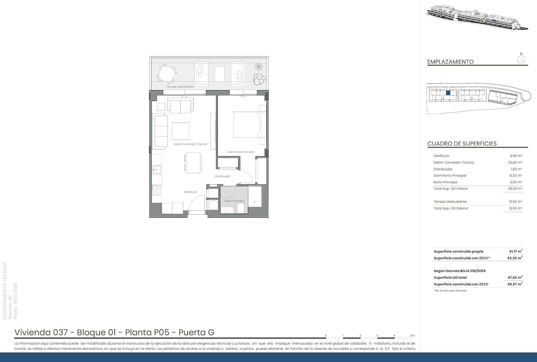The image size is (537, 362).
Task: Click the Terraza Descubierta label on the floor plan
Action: coord(180,87)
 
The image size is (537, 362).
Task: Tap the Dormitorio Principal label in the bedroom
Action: coord(241,152)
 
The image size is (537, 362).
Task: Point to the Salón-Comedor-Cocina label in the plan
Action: coord(190,144)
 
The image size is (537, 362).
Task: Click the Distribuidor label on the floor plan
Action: coord(222,176)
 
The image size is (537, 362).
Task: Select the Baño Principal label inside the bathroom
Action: coord(235,201)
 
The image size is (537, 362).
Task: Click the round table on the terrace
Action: coord(167,74)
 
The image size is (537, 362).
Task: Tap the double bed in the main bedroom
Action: coord(250,125)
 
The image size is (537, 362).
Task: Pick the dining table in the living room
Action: coord(193,162)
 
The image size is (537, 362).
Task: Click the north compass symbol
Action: coord(521,59)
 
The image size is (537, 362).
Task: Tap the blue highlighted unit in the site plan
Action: coord(448,93)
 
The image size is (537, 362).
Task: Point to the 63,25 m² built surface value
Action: coord(515,258)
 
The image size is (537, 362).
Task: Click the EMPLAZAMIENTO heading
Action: coord(450,62)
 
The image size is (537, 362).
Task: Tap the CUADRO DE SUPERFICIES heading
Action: coord(462,144)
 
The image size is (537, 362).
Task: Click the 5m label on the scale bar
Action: coord(412,336)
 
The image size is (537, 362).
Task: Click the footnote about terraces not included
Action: coord(450,291)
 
